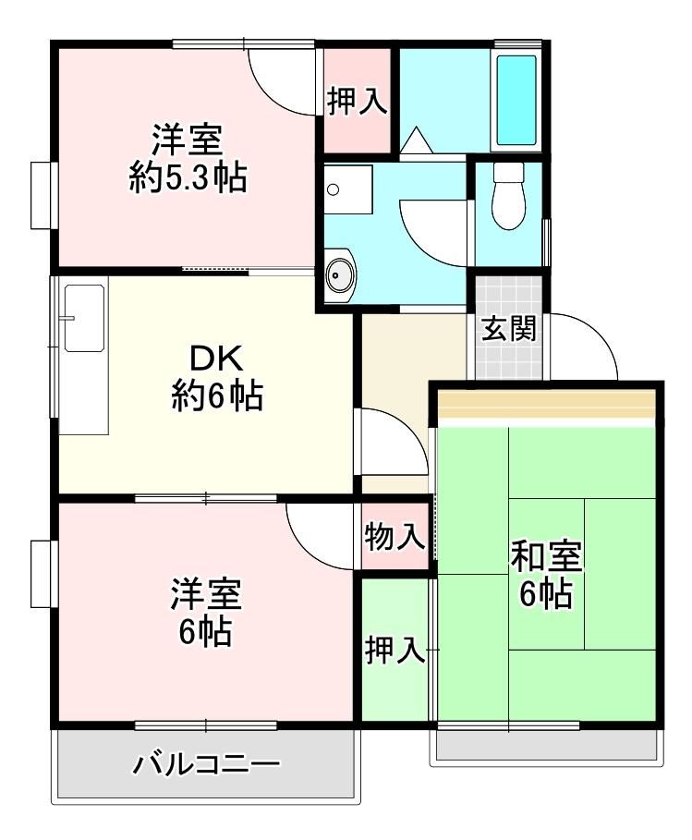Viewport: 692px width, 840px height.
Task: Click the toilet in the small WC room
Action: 508,196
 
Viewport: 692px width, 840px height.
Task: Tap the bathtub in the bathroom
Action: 516,100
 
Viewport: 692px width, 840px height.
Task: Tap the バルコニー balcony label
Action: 206,764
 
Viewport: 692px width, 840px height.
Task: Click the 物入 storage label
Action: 395,537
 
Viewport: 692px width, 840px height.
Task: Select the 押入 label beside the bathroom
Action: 358,101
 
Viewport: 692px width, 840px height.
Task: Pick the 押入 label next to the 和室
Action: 395,650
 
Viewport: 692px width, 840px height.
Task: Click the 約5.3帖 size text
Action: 188,177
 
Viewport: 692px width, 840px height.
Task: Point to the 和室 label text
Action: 546,557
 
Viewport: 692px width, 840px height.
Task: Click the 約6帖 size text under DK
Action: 217,396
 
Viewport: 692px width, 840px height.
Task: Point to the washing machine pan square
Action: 348,189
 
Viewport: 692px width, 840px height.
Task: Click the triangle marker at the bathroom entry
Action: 416,140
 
